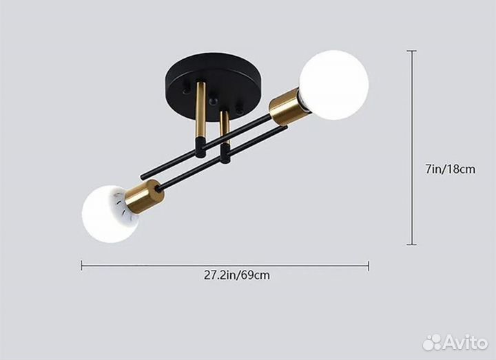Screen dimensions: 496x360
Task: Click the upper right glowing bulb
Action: pos(333,85)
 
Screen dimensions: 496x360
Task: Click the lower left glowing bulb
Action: pos(110,214)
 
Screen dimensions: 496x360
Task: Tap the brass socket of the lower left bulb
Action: pos(145,197)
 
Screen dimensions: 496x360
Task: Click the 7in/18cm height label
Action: pos(450,169)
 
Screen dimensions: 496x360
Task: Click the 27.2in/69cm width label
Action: pos(236,275)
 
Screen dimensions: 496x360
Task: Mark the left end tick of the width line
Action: pos(81,266)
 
